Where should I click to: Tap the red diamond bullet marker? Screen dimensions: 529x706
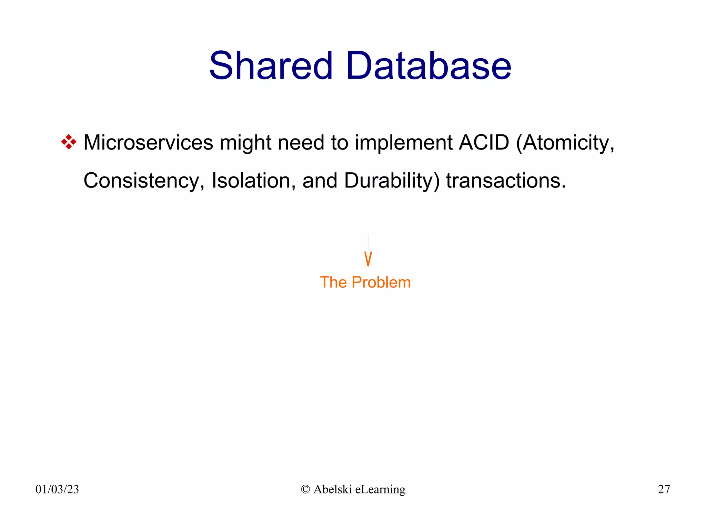pyautogui.click(x=69, y=142)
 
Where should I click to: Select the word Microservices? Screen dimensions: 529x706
pyautogui.click(x=148, y=142)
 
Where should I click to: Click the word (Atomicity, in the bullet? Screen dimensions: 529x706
pyautogui.click(x=565, y=142)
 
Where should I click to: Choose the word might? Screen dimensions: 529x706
pyautogui.click(x=245, y=142)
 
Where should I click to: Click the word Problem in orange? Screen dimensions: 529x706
pyautogui.click(x=381, y=282)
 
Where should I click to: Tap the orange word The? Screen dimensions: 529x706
pyautogui.click(x=333, y=282)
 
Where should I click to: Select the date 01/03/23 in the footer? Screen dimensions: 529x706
pyautogui.click(x=57, y=489)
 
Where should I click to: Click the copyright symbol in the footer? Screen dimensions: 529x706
pyautogui.click(x=305, y=489)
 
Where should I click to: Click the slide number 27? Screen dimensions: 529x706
pyautogui.click(x=664, y=489)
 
